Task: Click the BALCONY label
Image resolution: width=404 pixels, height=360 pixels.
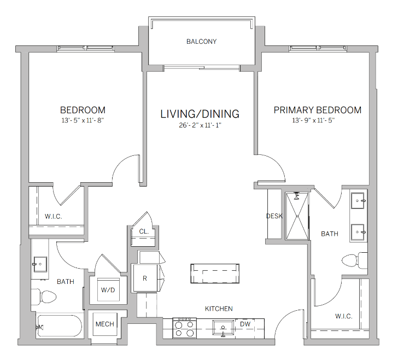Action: point(201,42)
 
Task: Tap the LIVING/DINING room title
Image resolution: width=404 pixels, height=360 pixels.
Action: point(200,114)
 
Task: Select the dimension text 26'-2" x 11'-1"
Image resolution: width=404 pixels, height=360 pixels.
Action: point(200,125)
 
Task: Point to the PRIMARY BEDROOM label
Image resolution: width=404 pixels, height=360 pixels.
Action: point(317,110)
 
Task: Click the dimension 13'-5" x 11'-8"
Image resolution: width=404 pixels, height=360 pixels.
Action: point(83,120)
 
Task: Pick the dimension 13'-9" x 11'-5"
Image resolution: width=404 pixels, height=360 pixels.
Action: point(317,120)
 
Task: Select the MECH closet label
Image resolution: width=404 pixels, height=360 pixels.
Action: point(104,324)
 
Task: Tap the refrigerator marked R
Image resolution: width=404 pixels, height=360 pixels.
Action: point(145,278)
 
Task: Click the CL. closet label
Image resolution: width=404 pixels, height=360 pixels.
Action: point(144,231)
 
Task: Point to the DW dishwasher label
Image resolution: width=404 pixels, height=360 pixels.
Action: point(245,324)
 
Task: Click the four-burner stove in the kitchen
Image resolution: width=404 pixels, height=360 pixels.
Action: point(185,328)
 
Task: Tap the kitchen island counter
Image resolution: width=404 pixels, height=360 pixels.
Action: point(215,273)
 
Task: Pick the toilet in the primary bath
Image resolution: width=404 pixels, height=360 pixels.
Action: point(354,259)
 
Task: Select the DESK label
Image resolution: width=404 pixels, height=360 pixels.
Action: point(274,216)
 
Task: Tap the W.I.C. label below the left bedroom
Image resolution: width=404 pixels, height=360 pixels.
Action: point(53,216)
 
